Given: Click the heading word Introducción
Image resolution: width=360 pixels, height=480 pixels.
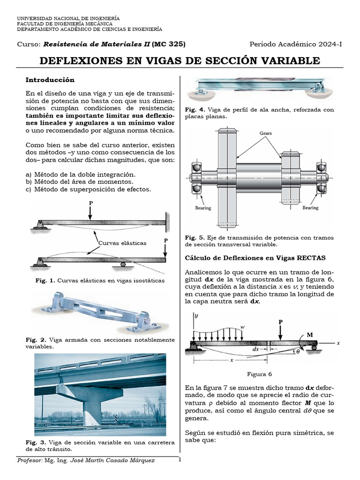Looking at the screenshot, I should (x=50, y=80).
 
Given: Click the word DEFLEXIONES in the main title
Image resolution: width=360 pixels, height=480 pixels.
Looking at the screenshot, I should (x=84, y=61).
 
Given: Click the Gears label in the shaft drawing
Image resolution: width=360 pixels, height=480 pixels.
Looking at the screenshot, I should (x=266, y=133).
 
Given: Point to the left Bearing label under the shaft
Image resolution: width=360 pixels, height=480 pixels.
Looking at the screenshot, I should (x=202, y=208).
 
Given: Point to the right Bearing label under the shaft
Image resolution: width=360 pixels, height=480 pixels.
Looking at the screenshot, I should (x=310, y=208).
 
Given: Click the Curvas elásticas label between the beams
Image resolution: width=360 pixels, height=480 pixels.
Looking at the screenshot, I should (x=122, y=243).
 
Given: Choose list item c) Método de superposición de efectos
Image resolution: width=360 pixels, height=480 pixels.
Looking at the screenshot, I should (x=89, y=189).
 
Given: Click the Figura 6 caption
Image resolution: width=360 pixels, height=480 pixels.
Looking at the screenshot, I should (x=259, y=374).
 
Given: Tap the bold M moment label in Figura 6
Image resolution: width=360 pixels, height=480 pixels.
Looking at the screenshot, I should (x=309, y=335).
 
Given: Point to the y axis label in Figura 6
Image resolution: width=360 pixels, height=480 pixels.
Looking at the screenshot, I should (x=196, y=316).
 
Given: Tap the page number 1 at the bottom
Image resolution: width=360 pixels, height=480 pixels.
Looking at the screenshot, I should (x=180, y=460).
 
